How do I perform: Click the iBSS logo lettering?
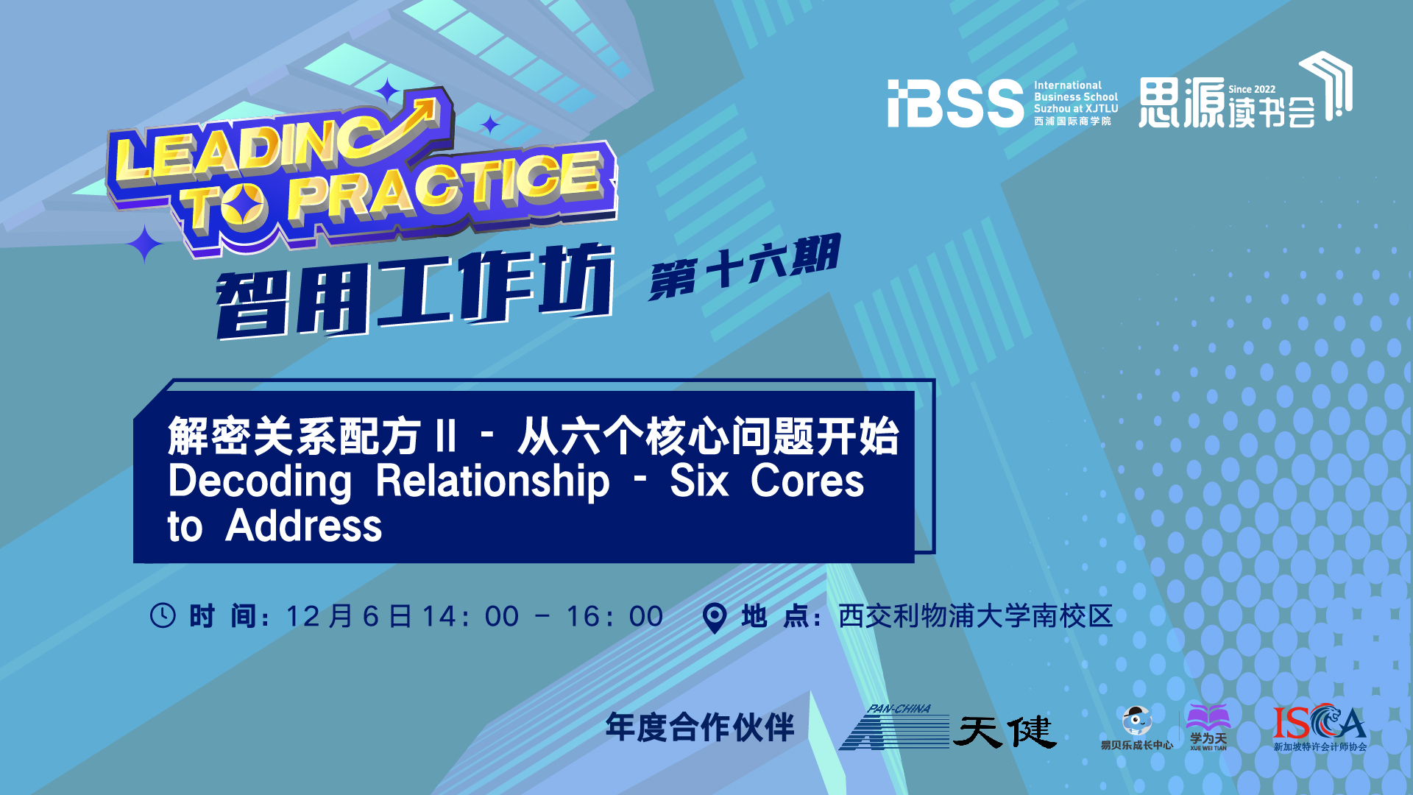[x=955, y=104]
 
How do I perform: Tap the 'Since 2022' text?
[x=1252, y=89]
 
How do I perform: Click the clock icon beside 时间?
[x=163, y=615]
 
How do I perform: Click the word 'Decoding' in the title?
[x=260, y=483]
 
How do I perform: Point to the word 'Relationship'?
[x=493, y=483]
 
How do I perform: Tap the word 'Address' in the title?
[x=304, y=526]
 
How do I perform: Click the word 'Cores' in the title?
[x=807, y=481]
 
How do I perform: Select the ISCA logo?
[x=1320, y=727]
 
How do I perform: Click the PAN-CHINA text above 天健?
[x=899, y=709]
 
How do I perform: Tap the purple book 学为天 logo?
[x=1208, y=727]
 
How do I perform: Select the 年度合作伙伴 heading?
[x=700, y=727]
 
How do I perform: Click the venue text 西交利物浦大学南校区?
[x=976, y=616]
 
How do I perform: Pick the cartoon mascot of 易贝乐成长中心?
[x=1136, y=721]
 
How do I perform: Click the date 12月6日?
[x=349, y=617]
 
